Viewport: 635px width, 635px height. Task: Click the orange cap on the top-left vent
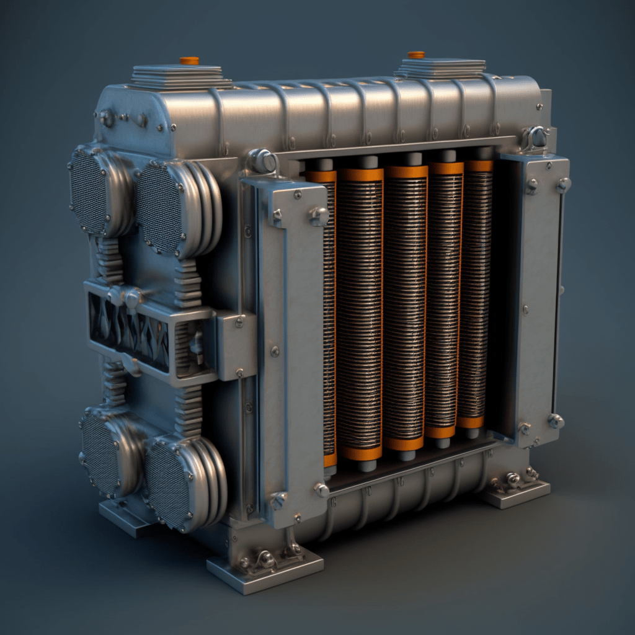(189, 61)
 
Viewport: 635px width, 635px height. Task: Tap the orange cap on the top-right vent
(416, 55)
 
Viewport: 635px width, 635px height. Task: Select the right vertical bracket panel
(538, 298)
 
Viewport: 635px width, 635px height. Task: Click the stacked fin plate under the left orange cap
(180, 78)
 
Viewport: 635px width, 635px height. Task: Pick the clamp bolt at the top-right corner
(536, 138)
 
